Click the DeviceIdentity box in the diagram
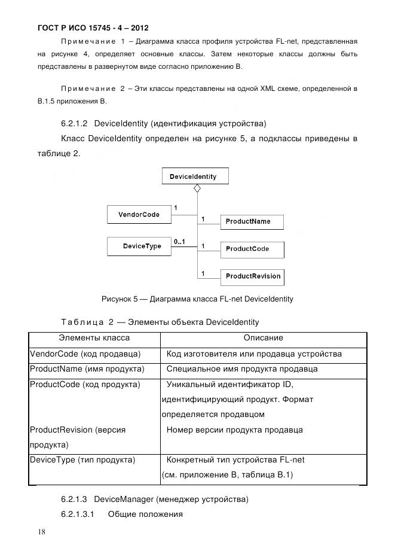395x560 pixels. point(193,176)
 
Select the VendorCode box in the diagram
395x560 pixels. point(139,215)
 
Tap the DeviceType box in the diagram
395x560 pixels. point(139,246)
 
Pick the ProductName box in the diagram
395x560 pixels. point(251,221)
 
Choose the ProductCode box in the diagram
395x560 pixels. point(251,249)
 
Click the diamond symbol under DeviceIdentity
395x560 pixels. point(197,188)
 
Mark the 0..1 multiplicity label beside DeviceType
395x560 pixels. point(179,242)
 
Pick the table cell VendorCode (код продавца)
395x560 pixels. point(85,354)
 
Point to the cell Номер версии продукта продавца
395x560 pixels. point(235,430)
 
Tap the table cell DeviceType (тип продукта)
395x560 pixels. point(82,459)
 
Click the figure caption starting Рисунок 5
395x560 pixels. point(197,299)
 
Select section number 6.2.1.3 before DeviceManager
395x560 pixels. point(75,499)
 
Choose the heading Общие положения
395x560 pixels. point(145,515)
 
